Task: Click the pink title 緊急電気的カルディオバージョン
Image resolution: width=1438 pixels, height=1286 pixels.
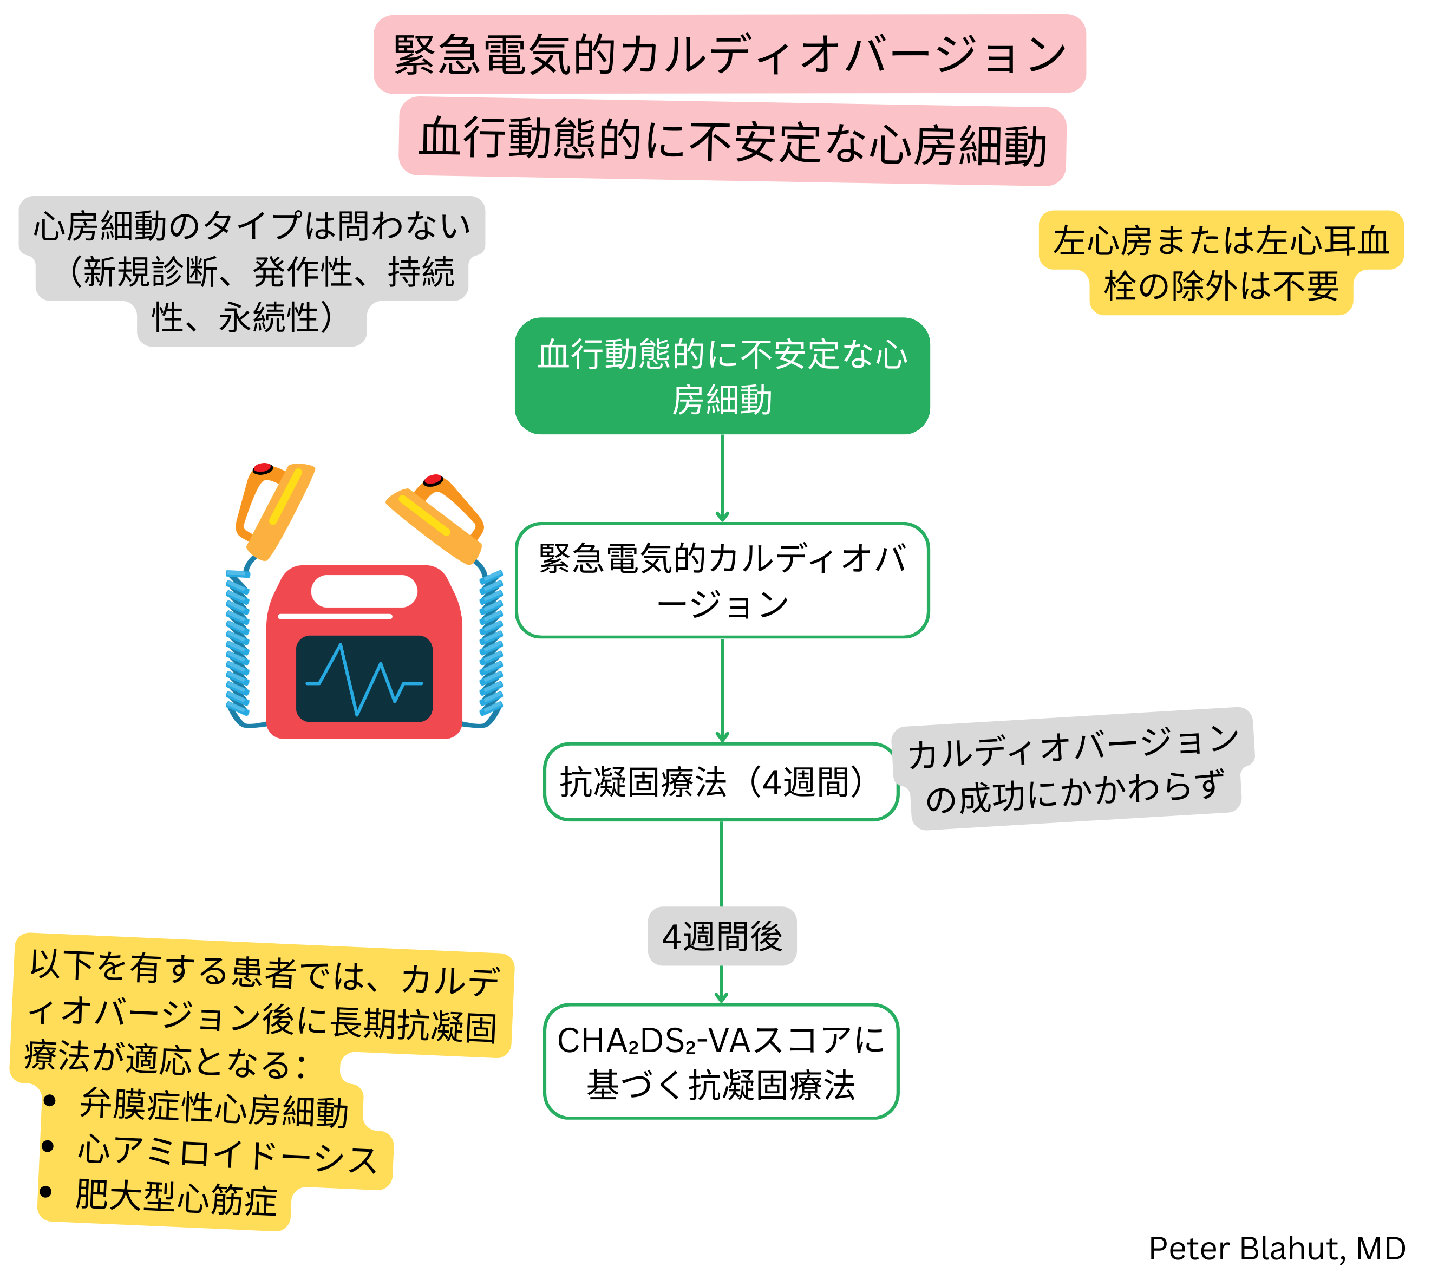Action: click(x=729, y=54)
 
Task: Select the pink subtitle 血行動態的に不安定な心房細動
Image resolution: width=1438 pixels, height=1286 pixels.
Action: click(x=732, y=141)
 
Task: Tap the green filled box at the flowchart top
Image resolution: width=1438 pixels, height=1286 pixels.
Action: click(x=722, y=375)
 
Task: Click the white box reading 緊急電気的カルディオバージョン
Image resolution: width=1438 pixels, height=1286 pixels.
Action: click(x=722, y=580)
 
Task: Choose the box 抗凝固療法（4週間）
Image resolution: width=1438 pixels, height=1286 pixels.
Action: click(x=720, y=781)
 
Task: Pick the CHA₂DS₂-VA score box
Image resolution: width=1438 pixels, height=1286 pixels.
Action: click(x=720, y=1061)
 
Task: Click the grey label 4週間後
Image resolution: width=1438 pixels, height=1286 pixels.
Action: click(x=722, y=936)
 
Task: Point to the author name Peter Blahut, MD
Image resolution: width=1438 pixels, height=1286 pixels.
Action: click(x=1276, y=1249)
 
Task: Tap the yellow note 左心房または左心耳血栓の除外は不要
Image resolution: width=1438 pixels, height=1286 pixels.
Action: click(x=1220, y=263)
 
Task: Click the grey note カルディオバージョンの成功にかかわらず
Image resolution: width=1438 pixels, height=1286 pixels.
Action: click(x=1073, y=769)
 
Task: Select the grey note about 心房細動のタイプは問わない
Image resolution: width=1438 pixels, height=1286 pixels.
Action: click(x=252, y=271)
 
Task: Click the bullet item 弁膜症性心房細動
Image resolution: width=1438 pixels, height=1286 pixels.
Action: click(x=213, y=1107)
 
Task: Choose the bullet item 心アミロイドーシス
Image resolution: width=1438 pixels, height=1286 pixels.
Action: click(x=226, y=1154)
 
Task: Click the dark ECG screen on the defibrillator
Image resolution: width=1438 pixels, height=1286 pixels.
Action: click(x=364, y=678)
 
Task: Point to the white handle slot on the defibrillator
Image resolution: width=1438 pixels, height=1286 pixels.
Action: click(x=364, y=591)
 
